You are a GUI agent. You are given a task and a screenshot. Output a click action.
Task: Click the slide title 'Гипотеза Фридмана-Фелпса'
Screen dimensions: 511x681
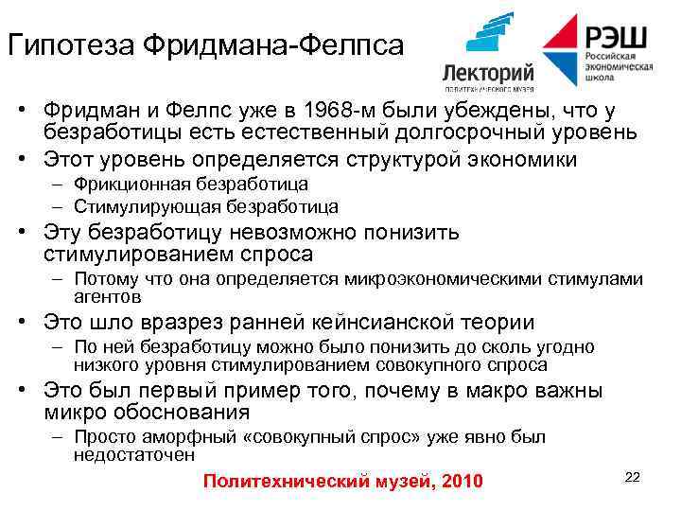(204, 44)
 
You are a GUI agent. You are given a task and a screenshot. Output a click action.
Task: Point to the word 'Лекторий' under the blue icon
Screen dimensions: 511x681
(488, 73)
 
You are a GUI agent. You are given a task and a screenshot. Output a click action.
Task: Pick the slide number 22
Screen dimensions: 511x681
(633, 476)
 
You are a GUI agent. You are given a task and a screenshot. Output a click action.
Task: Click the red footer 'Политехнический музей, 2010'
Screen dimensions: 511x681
(342, 483)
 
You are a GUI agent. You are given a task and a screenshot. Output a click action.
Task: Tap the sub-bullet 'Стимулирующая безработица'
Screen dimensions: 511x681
(205, 205)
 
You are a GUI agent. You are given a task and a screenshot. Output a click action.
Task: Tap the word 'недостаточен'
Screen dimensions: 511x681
(134, 454)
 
